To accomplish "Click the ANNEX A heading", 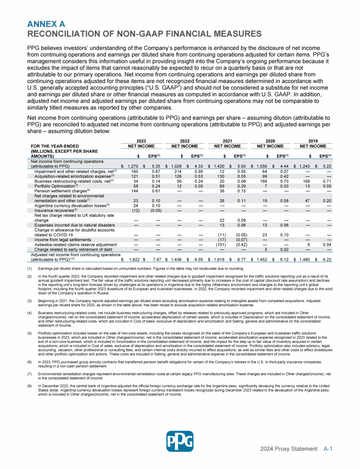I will tap(46, 23).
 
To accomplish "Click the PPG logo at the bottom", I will tap(180, 442).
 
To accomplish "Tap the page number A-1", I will tap(328, 449).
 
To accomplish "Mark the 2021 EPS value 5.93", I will tap(242, 166).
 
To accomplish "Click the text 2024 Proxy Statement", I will tap(290, 449).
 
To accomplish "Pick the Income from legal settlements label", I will tap(60, 239).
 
